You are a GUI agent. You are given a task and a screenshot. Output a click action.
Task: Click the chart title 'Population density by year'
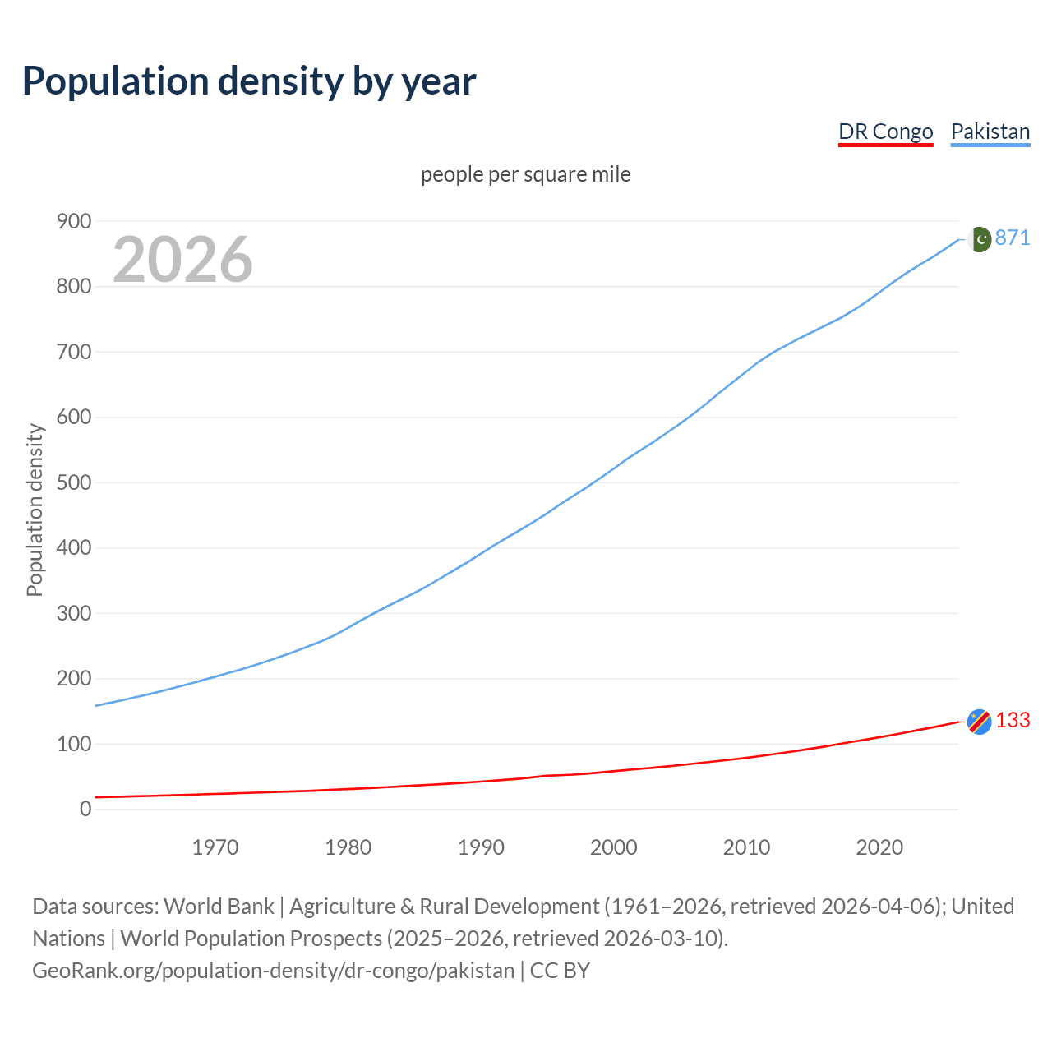tap(249, 81)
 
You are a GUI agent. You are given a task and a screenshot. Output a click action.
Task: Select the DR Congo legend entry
tap(885, 131)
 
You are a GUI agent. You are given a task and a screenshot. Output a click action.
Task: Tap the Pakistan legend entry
tap(990, 131)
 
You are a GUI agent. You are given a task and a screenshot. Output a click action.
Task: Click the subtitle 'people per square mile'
tap(525, 174)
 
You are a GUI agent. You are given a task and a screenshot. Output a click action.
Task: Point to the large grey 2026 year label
tap(182, 259)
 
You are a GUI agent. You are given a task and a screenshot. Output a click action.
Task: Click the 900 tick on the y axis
tap(73, 221)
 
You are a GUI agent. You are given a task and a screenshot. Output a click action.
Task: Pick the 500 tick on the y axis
tap(73, 482)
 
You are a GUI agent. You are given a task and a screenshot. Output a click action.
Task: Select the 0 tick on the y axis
tap(85, 809)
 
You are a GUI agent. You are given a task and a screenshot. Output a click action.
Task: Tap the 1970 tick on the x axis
tap(215, 847)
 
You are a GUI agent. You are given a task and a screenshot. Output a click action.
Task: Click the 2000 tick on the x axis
tap(614, 847)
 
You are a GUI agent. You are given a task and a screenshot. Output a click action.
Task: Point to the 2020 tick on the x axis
tap(879, 847)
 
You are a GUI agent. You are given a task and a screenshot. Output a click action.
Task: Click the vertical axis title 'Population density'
tap(35, 510)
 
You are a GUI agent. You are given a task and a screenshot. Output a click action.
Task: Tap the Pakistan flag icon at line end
tap(979, 239)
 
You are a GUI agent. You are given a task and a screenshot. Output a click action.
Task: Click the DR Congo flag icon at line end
tap(979, 721)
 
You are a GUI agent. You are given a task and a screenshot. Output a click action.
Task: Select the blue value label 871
tap(1013, 238)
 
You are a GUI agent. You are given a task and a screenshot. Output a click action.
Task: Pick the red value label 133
tap(1013, 720)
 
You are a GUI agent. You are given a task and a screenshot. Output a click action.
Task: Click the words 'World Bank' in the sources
tap(219, 906)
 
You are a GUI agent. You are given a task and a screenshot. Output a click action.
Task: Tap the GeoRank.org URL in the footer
tap(273, 970)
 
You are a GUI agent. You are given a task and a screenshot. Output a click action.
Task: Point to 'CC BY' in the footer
tap(560, 970)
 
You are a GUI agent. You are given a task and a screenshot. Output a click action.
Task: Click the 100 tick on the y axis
tap(73, 744)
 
